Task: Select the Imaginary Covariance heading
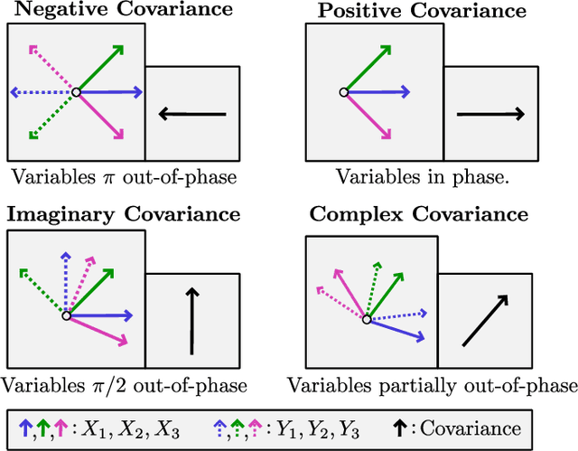click(x=124, y=214)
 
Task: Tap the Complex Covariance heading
click(x=418, y=214)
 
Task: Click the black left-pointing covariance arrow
click(x=191, y=114)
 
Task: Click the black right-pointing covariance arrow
click(x=490, y=114)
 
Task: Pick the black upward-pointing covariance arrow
click(x=191, y=321)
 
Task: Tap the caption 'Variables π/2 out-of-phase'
click(x=124, y=386)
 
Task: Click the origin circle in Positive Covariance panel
click(x=343, y=92)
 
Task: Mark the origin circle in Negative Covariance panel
click(x=77, y=92)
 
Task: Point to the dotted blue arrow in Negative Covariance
click(x=41, y=92)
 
